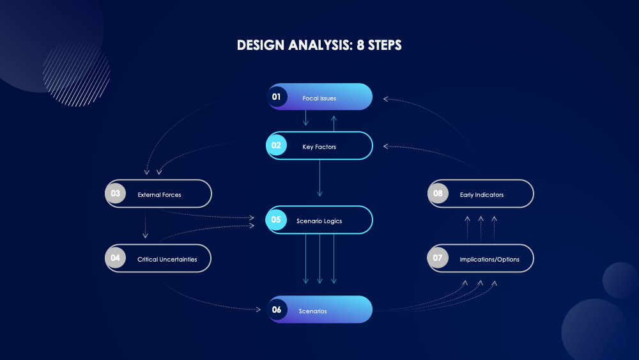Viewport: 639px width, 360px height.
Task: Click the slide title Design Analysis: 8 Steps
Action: [x=319, y=45]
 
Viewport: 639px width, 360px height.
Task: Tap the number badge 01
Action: [x=277, y=97]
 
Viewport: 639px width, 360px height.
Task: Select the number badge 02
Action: [x=276, y=145]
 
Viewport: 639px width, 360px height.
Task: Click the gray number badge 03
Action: [x=116, y=194]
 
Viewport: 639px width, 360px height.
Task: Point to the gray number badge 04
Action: [x=115, y=258]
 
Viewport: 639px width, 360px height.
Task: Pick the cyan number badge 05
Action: [x=276, y=219]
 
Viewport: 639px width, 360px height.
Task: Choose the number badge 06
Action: [x=277, y=309]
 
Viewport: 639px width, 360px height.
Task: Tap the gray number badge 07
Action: [x=438, y=258]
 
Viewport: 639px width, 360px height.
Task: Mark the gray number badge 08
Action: [x=438, y=194]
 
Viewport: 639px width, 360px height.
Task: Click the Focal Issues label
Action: [x=319, y=98]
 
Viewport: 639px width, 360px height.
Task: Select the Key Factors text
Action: [x=319, y=147]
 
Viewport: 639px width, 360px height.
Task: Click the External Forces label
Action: [x=159, y=195]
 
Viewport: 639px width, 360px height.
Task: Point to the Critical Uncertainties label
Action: [x=167, y=260]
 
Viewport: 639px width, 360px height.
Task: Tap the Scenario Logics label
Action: [x=319, y=221]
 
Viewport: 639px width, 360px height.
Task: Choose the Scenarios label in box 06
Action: [x=312, y=311]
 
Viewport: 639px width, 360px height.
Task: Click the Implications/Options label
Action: [x=489, y=260]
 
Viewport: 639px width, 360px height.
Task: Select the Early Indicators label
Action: [x=481, y=195]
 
